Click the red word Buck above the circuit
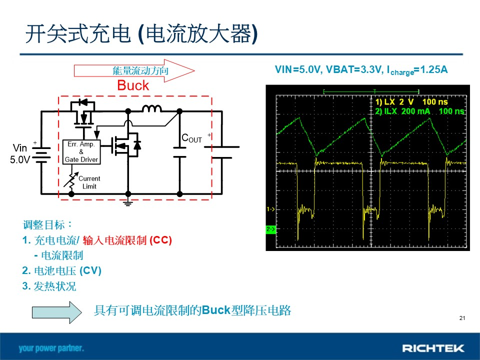133,85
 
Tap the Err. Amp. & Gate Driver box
81,152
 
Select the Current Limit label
89,182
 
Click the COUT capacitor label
191,138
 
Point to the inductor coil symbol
151,108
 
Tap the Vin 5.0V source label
20,153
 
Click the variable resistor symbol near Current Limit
71,180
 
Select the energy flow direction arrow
134,70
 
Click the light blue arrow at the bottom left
57,312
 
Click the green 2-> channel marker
270,229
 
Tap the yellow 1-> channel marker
270,209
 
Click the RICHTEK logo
433,348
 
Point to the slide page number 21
462,318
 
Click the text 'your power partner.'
51,348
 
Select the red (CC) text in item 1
160,240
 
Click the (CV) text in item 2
90,270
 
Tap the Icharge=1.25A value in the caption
417,70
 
